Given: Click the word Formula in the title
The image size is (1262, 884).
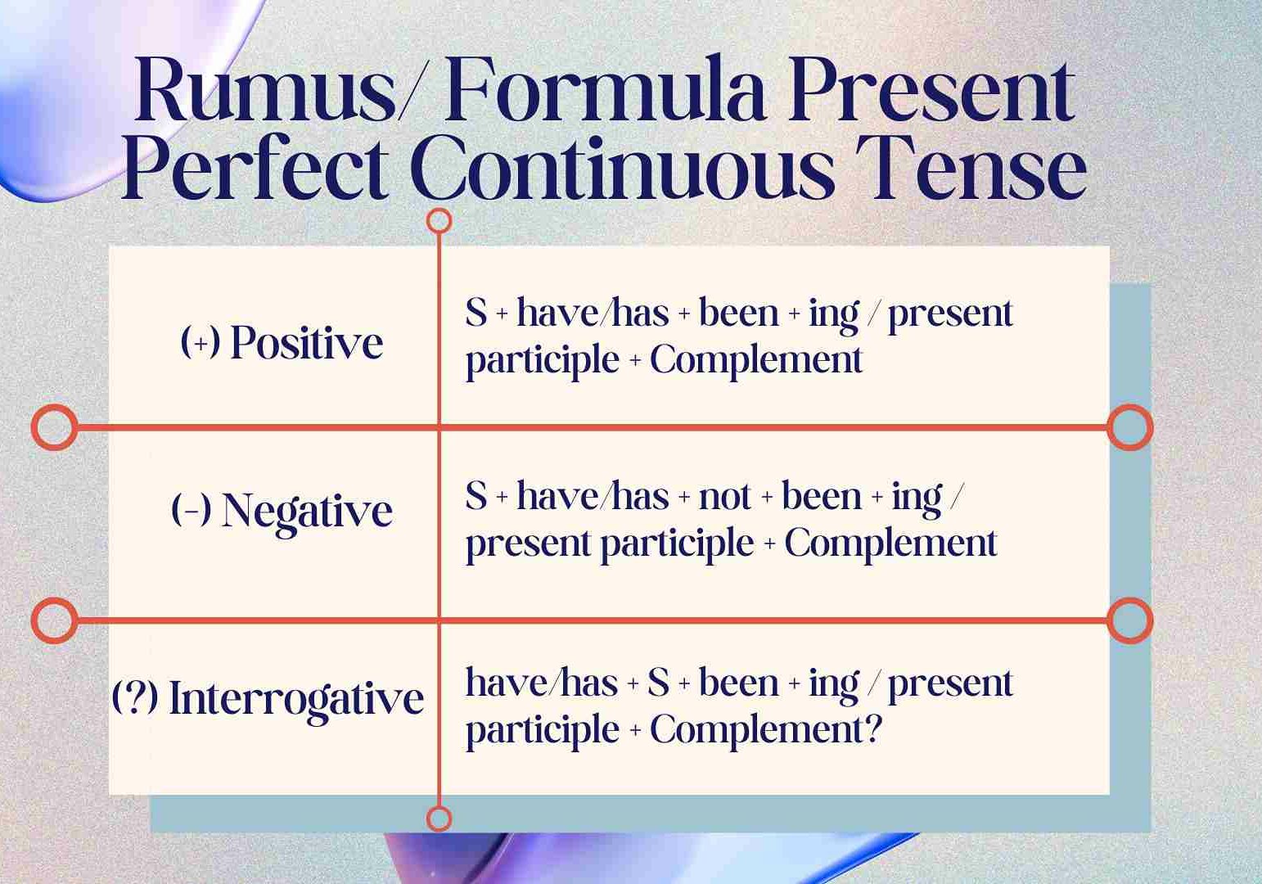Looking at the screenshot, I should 605,90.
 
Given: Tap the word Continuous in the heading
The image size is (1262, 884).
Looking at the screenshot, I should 622,168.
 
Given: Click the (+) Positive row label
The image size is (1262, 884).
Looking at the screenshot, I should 282,342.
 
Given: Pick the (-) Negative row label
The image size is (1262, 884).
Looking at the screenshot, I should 282,511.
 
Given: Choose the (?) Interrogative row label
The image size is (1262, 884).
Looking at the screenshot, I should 268,699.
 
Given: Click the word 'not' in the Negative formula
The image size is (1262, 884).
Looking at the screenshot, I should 724,497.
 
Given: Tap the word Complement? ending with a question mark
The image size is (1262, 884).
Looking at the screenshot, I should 766,729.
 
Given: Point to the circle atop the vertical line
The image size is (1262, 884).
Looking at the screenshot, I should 439,220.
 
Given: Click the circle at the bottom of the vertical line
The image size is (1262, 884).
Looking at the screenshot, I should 439,818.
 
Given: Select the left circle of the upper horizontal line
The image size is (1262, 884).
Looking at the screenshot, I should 55,427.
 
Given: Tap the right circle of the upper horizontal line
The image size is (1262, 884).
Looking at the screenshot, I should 1130,427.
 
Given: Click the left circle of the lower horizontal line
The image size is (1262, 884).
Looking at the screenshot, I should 55,620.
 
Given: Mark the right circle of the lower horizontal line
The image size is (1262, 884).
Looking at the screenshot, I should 1130,620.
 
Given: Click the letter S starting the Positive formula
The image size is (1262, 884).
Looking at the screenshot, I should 476,313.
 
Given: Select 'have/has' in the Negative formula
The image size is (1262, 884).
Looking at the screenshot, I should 593,497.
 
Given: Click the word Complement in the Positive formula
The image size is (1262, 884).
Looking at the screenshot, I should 755,360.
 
